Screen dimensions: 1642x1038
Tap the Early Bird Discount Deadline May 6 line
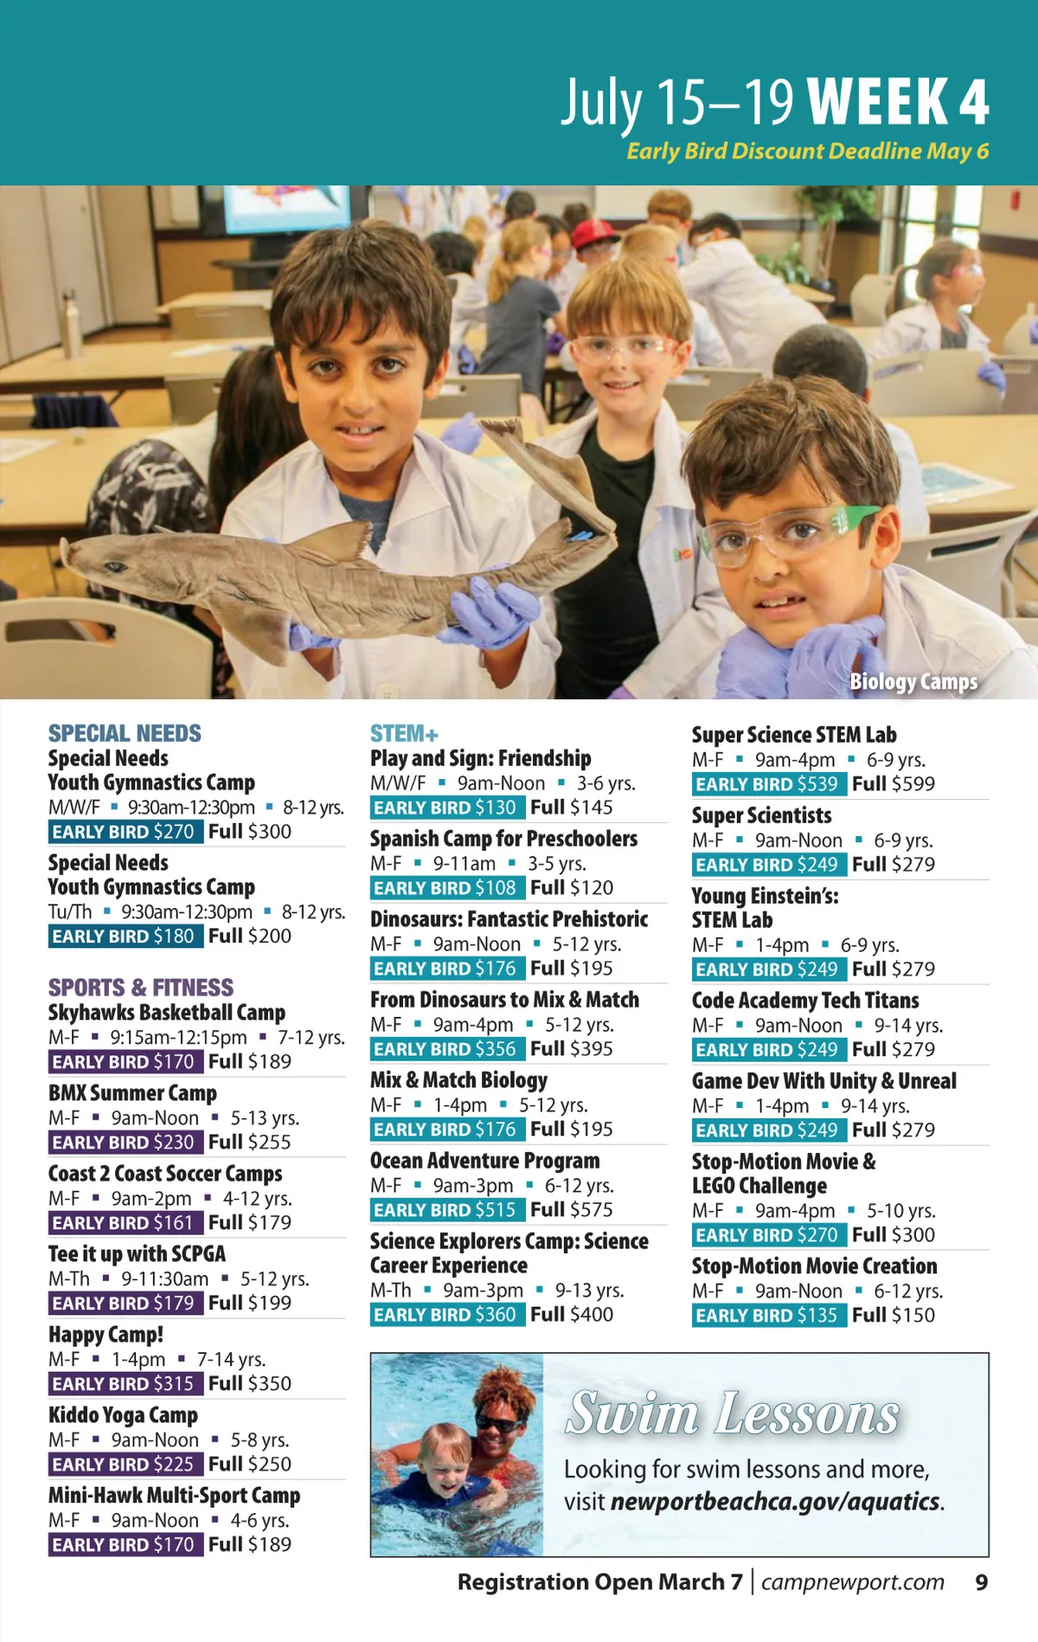click(807, 151)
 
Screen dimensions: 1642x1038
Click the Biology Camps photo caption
click(913, 682)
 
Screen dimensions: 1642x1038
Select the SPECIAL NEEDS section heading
click(125, 734)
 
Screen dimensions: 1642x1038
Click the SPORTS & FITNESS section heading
click(140, 988)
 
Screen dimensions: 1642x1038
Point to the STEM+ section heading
click(404, 734)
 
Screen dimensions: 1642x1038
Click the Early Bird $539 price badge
click(767, 784)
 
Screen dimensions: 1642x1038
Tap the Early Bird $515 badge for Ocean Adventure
click(445, 1210)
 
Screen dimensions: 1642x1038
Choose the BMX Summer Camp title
click(132, 1093)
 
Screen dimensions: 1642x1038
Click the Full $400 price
click(572, 1315)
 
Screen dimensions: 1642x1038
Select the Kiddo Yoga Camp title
click(123, 1415)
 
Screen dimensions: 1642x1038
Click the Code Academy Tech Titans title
click(805, 1001)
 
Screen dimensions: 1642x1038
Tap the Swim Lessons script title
click(733, 1414)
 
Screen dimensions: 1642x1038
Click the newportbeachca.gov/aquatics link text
click(775, 1502)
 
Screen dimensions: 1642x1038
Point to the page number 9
click(981, 1582)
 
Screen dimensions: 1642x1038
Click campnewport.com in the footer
click(852, 1582)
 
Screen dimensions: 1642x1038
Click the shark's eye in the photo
click(113, 567)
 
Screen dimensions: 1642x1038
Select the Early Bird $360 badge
click(445, 1315)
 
